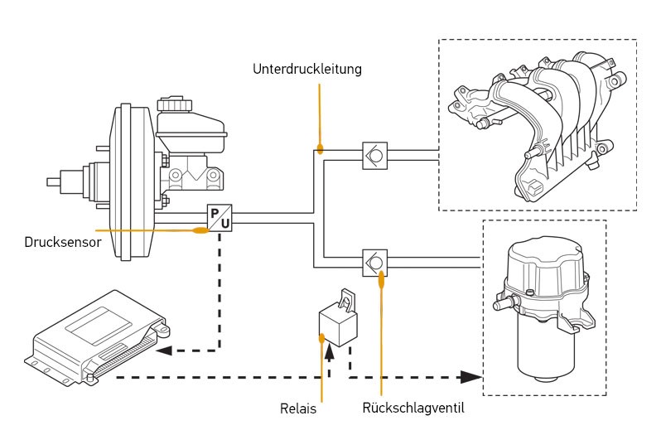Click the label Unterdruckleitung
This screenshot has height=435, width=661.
coord(306,69)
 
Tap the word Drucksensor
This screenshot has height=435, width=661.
coord(63,243)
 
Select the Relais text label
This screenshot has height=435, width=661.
coord(298,408)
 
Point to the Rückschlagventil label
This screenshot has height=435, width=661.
coord(413,408)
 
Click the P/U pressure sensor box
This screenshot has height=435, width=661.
coord(220,217)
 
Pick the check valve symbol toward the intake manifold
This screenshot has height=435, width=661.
coord(374,156)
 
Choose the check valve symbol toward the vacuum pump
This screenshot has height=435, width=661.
coord(374,263)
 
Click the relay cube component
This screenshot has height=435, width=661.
coord(338,323)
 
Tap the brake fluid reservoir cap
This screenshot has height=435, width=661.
coord(175,104)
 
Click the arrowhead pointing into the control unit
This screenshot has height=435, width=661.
coord(163,350)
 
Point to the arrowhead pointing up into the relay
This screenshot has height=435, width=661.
coord(329,351)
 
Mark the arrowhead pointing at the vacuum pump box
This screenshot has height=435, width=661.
coord(470,377)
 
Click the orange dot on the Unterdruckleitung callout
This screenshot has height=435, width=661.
coord(320,148)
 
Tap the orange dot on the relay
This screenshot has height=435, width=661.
coord(322,338)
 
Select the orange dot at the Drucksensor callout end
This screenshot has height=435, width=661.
coord(200,230)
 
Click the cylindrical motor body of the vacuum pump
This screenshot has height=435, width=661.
coord(546,354)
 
